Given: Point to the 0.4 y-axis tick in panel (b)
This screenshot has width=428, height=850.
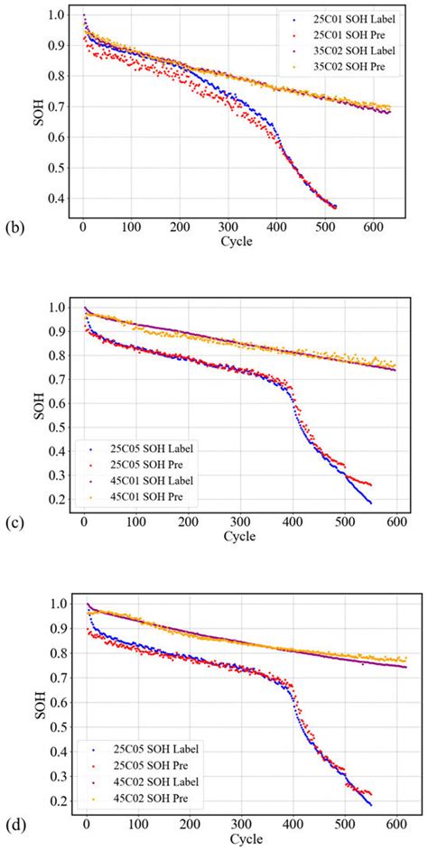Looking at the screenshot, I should (x=57, y=199).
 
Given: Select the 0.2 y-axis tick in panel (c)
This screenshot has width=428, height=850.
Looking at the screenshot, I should (x=57, y=500).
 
